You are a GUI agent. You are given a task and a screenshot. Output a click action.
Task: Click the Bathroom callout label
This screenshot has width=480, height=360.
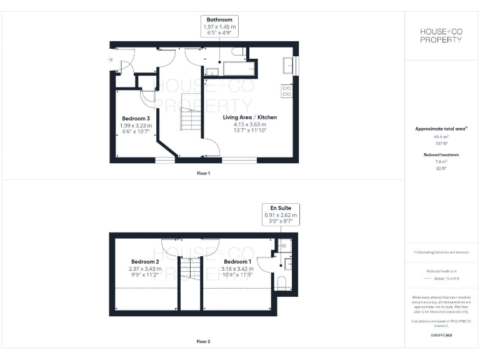(219, 20)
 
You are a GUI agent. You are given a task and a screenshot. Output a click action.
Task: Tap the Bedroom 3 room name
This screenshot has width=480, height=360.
(136, 119)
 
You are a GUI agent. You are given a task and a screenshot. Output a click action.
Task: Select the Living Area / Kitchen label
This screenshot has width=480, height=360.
(250, 117)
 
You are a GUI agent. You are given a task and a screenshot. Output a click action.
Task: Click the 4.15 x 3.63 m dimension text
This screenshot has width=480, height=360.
(250, 124)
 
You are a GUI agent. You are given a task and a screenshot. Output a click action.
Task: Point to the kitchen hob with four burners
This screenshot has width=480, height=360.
(287, 91)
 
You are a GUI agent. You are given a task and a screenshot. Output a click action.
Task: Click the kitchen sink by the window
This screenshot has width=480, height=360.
(289, 64)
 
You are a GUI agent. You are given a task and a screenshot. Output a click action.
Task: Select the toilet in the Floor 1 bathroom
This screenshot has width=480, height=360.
(238, 52)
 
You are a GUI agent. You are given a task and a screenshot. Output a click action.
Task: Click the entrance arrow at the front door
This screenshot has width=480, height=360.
(110, 60)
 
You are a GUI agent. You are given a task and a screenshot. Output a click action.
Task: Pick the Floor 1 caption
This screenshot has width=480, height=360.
(203, 173)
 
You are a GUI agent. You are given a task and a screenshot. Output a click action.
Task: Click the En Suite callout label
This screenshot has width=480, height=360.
(281, 207)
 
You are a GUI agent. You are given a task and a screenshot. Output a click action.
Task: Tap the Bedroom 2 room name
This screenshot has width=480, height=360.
(145, 262)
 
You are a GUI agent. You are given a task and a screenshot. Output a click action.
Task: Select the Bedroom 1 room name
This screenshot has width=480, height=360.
(237, 262)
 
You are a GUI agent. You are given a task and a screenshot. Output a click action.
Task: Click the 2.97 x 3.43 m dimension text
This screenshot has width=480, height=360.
(145, 269)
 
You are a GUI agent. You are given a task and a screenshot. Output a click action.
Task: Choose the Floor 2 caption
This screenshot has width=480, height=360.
(203, 342)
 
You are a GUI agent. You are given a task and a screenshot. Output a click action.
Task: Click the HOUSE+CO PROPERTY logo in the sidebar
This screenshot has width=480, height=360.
(441, 35)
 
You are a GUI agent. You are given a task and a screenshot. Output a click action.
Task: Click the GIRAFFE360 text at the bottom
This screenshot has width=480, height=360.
(441, 336)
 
